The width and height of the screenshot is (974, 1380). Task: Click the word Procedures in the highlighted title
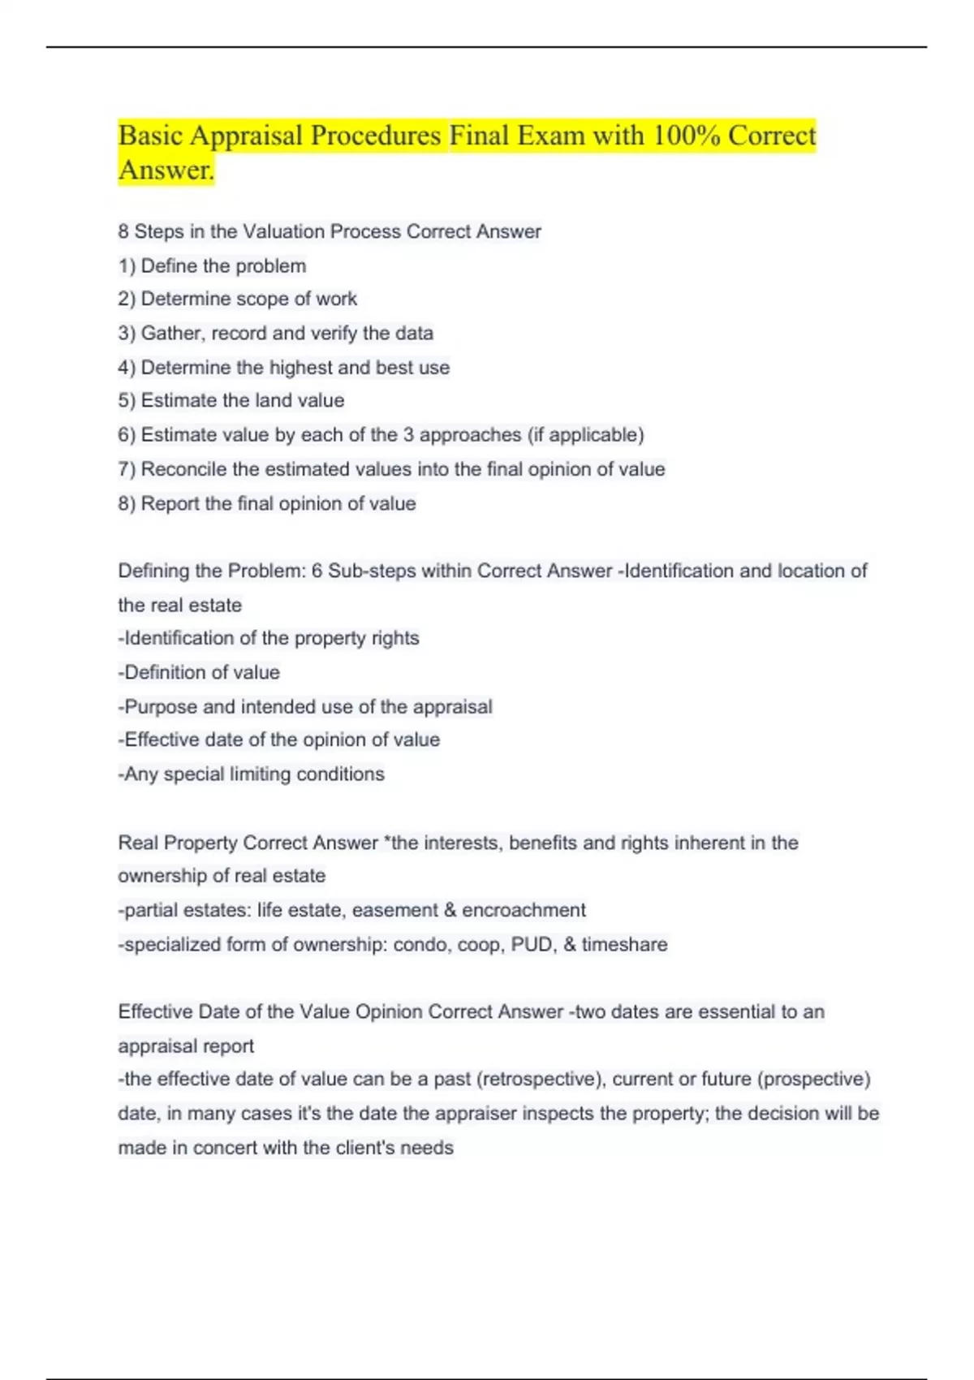pos(376,136)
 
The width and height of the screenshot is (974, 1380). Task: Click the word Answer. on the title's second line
pos(166,170)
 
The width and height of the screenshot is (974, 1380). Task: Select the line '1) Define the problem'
pos(212,265)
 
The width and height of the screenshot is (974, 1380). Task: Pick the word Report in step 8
pos(170,503)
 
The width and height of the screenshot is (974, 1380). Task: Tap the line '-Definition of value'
pos(199,672)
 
